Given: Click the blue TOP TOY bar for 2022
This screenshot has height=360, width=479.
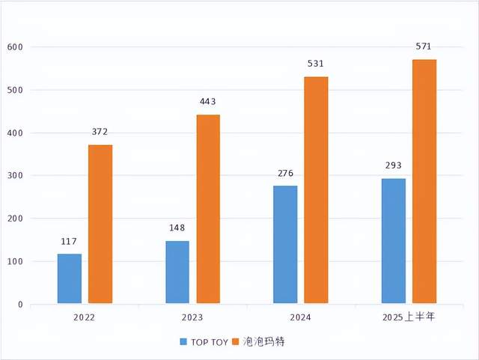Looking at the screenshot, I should click(69, 278).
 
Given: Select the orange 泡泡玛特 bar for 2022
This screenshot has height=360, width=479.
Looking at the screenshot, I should click(100, 225).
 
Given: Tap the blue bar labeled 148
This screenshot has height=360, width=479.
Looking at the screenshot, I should click(177, 272).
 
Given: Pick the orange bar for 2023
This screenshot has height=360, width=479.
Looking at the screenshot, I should click(208, 210).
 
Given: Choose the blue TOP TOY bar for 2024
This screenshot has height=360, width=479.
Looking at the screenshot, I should click(285, 245).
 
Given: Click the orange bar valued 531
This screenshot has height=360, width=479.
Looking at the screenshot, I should click(316, 190).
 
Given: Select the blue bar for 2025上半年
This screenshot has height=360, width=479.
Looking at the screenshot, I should click(393, 241).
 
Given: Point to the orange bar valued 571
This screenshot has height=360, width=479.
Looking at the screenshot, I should click(424, 182).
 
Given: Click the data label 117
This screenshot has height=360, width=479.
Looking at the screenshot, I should click(69, 242).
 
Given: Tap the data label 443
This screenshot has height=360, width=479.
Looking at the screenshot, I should click(208, 102).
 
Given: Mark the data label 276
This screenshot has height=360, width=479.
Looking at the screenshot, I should click(285, 174).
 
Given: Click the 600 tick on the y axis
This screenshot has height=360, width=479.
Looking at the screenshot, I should click(15, 47).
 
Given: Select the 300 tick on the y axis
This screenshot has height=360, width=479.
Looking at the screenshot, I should click(15, 176).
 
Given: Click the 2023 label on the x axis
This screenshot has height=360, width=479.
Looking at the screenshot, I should click(192, 317).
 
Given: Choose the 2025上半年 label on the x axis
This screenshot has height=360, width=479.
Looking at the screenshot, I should click(408, 317).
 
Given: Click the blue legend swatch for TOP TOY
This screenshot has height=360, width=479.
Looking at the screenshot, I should click(183, 342).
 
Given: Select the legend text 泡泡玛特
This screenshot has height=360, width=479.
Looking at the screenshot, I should click(263, 342).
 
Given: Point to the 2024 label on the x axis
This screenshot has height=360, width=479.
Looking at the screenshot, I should click(300, 317).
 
